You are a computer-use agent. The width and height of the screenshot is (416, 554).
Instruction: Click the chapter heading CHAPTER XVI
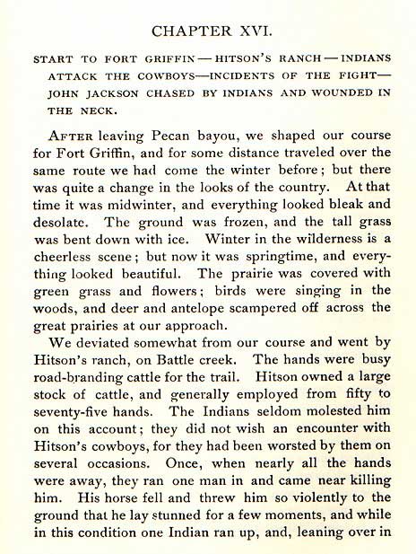208,31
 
